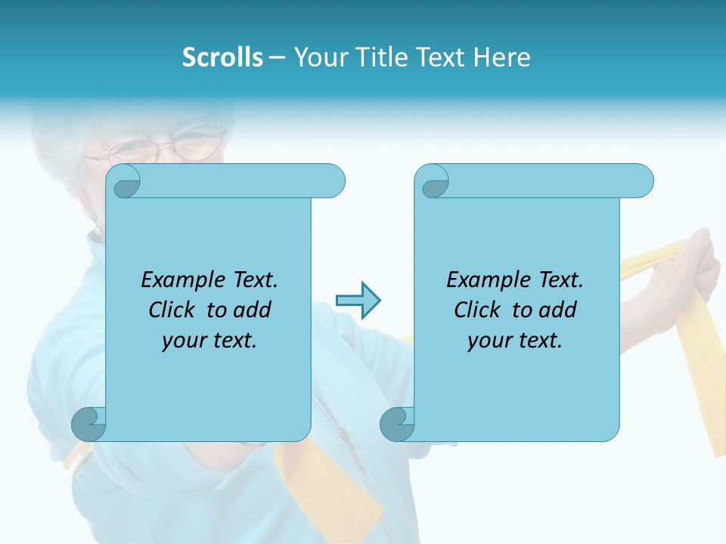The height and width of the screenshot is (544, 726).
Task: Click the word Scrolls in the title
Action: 222,57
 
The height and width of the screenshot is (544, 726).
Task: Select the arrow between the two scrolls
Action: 358,301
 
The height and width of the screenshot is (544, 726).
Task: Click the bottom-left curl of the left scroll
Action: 89,424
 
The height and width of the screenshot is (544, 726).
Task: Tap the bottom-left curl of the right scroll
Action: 397,424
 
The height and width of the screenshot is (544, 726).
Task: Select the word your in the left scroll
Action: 182,340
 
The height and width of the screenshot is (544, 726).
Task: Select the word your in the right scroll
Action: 488,340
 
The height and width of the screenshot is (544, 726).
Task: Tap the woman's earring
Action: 95,229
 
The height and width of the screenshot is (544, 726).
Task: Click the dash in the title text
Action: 277,57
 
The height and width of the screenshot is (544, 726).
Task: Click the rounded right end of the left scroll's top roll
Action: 333,181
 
